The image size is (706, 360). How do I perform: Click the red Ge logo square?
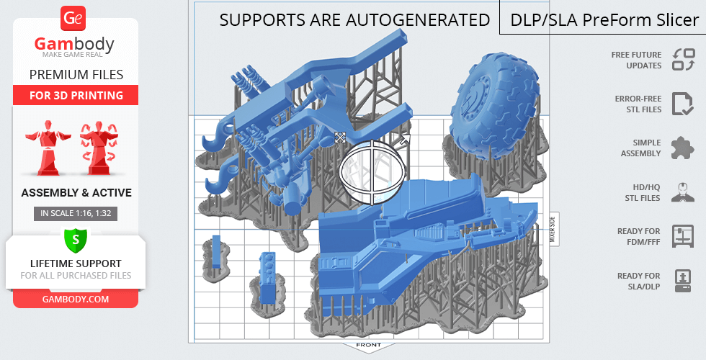click(73, 19)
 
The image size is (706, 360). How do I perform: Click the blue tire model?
click(495, 106)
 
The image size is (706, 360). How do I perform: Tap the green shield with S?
click(76, 240)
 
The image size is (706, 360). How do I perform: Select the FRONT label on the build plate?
click(368, 345)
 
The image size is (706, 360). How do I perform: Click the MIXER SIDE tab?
click(553, 229)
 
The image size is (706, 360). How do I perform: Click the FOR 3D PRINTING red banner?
click(76, 95)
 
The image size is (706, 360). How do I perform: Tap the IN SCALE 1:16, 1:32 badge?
click(76, 213)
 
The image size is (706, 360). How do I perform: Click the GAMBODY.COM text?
click(76, 300)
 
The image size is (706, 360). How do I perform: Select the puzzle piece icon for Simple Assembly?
click(682, 148)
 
